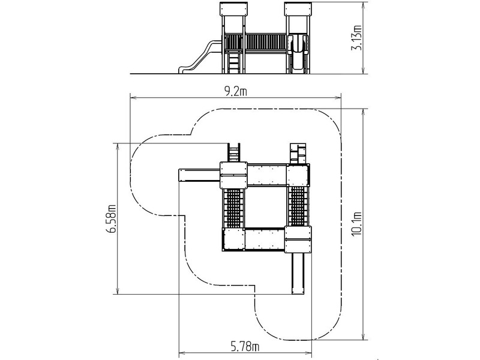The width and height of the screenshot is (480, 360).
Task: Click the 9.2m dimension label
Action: point(235,92)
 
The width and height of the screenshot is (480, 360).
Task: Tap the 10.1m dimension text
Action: point(357,224)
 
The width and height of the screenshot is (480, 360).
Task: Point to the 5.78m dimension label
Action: point(245,347)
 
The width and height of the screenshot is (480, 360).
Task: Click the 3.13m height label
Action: point(357,37)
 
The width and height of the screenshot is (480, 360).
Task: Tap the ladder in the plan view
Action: point(233,153)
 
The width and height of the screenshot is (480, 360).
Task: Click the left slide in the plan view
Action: point(199,175)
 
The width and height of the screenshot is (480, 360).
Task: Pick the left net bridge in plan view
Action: point(233,208)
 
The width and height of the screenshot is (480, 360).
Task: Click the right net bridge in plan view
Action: point(298,206)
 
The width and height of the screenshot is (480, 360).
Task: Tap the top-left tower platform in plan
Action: point(233,175)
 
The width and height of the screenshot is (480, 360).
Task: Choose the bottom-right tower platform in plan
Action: point(298,239)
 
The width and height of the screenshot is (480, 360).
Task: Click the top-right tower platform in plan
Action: point(298,175)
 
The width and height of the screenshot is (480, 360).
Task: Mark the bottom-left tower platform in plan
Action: point(233,239)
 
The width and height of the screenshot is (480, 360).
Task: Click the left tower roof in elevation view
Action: point(234,9)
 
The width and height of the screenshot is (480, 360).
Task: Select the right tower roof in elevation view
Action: point(298,9)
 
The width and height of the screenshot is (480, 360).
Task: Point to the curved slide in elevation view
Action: point(200,57)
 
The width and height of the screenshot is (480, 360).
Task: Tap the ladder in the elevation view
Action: point(234,64)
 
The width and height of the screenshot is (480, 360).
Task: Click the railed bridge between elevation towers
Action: point(266,43)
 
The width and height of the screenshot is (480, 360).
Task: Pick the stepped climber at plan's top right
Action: point(298,154)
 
